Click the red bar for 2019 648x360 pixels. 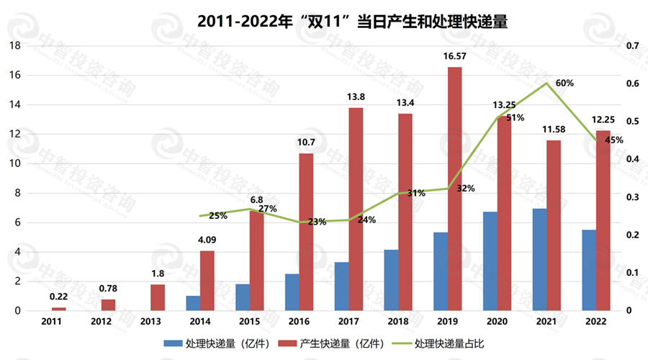(x=454, y=189)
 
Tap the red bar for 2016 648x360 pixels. (x=306, y=232)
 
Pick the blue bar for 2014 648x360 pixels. (x=193, y=303)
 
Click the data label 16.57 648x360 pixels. (x=454, y=55)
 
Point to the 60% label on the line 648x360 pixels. (x=564, y=83)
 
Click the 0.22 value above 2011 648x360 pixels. (x=59, y=296)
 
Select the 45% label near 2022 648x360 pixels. (x=613, y=140)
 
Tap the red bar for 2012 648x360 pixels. (x=108, y=305)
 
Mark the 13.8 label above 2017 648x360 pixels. (x=356, y=96)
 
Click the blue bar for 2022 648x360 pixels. (x=589, y=270)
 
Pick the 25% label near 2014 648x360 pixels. (x=218, y=215)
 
